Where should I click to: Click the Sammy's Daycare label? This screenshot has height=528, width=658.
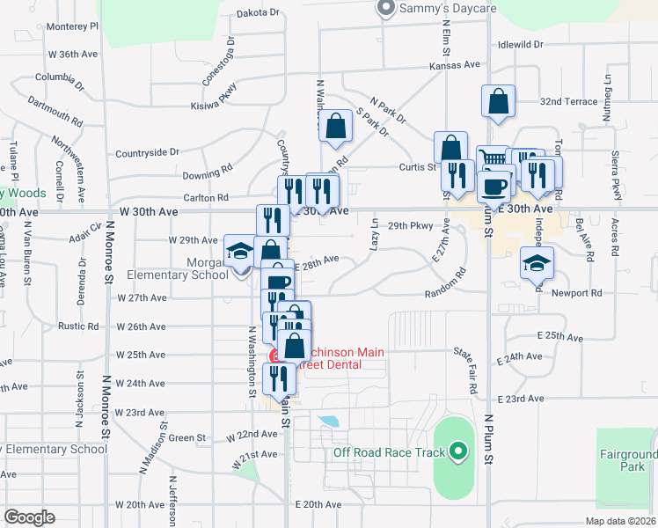pyautogui.click(x=448, y=9)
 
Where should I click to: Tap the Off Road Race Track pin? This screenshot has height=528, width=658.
pyautogui.click(x=457, y=453)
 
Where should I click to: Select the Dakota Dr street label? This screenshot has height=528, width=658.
pyautogui.click(x=258, y=13)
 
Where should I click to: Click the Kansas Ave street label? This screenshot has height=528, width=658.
pyautogui.click(x=455, y=65)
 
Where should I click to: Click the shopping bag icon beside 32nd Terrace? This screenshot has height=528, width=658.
pyautogui.click(x=498, y=101)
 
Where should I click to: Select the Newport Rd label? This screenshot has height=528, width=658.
pyautogui.click(x=577, y=293)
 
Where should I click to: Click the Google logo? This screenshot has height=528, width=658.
pyautogui.click(x=29, y=517)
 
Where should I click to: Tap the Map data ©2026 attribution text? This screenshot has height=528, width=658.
pyautogui.click(x=619, y=521)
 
